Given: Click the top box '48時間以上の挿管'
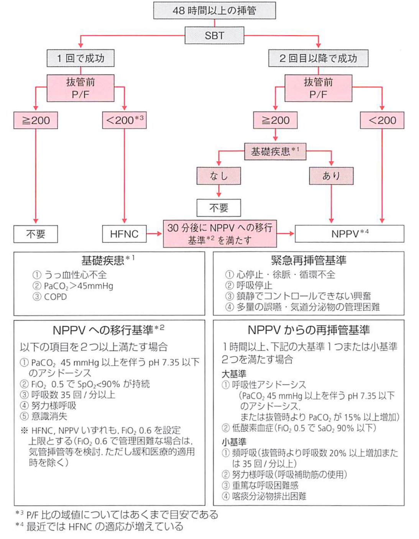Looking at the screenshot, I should coord(214,10).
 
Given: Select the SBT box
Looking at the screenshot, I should coord(214,36).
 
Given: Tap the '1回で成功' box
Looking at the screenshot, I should coord(81,58).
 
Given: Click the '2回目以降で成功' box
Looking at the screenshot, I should coord(318,58).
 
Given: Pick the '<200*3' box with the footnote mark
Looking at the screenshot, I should coord(124,120).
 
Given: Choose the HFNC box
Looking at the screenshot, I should coord(124,234).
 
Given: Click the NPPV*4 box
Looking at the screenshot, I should coord(349,233).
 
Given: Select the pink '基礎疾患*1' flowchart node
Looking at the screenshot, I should coord(275,151).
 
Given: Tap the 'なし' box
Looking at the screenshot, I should coord(219,176).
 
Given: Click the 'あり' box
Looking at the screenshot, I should coord(331,176).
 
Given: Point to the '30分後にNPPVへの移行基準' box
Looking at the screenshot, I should coord(220,233).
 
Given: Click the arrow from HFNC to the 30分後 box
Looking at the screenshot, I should coord(154,233).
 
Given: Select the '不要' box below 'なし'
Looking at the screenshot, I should coord(219,208).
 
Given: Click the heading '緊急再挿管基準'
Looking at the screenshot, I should coord(308,261).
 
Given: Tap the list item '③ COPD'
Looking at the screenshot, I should coord(50,297).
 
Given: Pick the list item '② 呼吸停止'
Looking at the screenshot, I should coord(249,285).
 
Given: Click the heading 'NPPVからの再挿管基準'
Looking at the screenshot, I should coord(309,330).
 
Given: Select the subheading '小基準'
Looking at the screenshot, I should coord(234,442).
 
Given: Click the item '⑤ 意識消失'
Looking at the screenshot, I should coord(44,416).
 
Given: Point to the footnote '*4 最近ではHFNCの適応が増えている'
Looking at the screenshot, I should coord(100,527).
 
